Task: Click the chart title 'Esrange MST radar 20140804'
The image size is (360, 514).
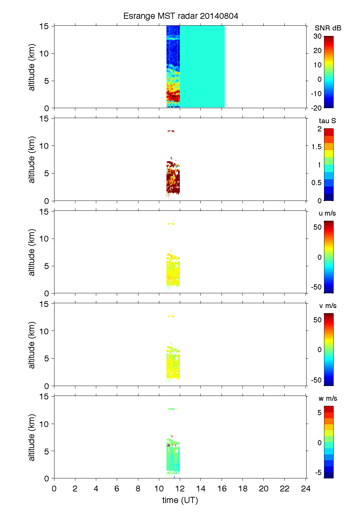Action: click(181, 16)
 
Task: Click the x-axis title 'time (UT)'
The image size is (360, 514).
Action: click(180, 500)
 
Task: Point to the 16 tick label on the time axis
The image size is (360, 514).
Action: click(222, 488)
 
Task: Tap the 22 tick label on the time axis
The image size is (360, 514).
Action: click(285, 488)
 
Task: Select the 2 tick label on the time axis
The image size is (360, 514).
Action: click(75, 488)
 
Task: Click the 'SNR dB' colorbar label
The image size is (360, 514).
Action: click(328, 28)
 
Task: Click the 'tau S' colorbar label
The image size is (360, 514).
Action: click(327, 121)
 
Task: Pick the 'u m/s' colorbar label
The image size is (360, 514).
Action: click(327, 213)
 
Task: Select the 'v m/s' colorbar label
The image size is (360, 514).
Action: click(327, 306)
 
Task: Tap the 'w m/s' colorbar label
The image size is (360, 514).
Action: click(328, 398)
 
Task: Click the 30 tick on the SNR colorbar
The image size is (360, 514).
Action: click(318, 36)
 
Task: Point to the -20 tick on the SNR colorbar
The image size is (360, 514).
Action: click(316, 108)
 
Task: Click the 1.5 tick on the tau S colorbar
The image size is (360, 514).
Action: click(316, 147)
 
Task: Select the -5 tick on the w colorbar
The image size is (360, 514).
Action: click(318, 472)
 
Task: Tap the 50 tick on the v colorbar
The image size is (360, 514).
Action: click(318, 320)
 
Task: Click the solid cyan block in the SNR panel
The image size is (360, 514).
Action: click(202, 66)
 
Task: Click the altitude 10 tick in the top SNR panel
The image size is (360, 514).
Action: click(44, 53)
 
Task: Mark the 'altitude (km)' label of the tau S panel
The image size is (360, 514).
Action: click(32, 159)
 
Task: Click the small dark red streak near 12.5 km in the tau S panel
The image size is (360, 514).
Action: click(171, 131)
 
